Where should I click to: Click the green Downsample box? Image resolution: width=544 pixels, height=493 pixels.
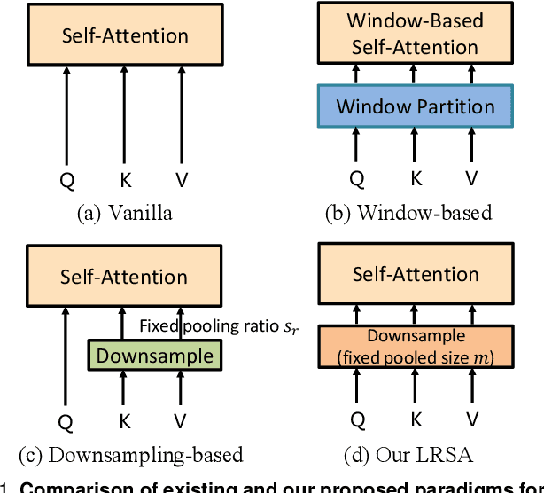(x=154, y=356)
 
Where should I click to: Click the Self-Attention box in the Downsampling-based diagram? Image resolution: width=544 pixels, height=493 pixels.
(x=124, y=277)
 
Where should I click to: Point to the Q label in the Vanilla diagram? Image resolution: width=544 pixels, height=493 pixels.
(x=67, y=179)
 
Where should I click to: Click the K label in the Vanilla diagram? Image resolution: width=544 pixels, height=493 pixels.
(x=124, y=179)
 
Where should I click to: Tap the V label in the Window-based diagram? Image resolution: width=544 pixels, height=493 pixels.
(x=471, y=179)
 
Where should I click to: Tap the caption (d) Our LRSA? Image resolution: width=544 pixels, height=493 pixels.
(x=409, y=455)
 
